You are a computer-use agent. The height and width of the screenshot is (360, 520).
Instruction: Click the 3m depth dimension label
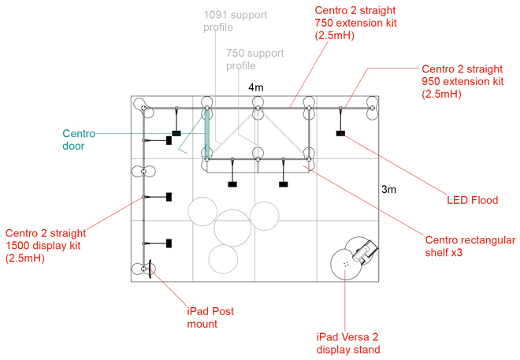[389, 190]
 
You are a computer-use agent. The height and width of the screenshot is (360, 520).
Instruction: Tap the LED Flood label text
[473, 201]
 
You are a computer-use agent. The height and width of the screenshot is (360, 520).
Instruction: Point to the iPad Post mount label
[210, 317]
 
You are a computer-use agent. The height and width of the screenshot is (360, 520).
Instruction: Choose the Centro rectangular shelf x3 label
[470, 247]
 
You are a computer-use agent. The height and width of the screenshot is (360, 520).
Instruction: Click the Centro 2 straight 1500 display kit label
[45, 245]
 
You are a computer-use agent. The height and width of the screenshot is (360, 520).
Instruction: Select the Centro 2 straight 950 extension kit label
[462, 81]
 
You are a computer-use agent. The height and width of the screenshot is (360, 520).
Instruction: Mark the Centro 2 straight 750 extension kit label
[355, 23]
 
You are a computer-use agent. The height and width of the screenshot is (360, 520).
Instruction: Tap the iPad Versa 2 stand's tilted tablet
[367, 252]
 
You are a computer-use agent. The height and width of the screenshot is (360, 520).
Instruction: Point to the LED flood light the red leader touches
[340, 133]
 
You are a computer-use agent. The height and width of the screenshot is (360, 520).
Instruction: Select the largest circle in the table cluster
[233, 227]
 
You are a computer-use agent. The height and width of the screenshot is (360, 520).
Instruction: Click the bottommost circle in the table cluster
[223, 258]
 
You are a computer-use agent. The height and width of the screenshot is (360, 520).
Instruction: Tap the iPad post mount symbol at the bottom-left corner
[145, 269]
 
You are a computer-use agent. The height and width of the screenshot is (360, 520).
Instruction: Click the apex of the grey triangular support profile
[258, 111]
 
